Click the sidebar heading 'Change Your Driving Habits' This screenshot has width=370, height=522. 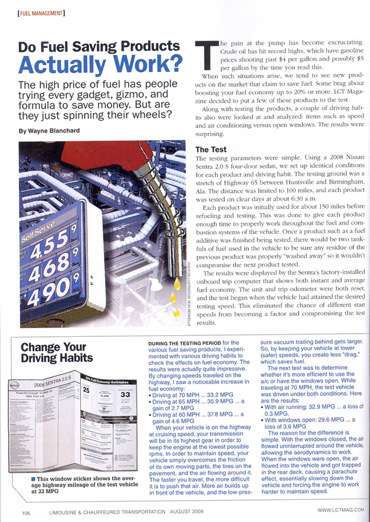click(53, 353)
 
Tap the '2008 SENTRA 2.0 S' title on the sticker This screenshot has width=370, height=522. click(55, 384)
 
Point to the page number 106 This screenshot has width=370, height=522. click(27, 510)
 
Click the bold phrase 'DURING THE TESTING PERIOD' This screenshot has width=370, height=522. click(183, 343)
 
